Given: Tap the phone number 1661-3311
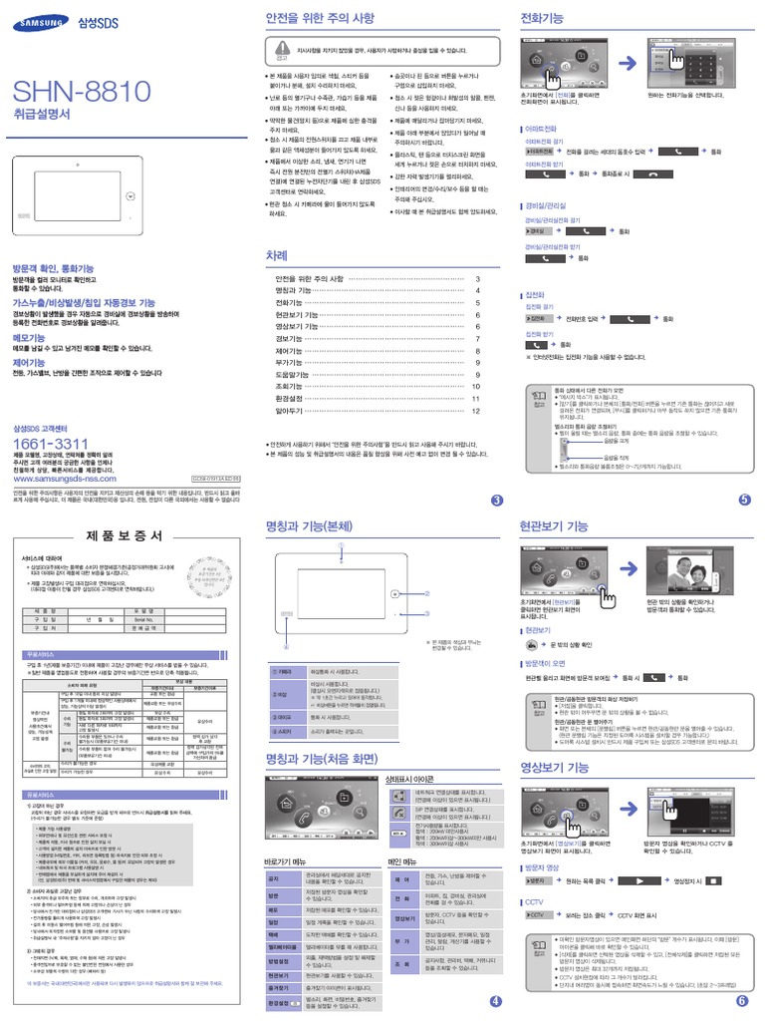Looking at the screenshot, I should click(x=50, y=443).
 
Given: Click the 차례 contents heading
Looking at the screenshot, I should click(x=276, y=256).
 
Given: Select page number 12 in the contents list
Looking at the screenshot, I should click(x=476, y=410).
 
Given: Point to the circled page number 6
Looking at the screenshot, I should click(x=742, y=1000).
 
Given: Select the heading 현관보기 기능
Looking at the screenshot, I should click(x=554, y=524).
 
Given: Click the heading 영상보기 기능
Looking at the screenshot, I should click(x=555, y=768).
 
